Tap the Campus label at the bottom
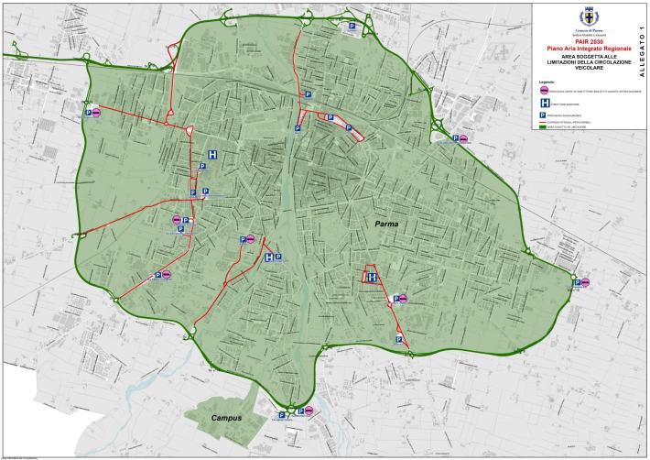coord(223,418)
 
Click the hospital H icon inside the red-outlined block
coord(373,277)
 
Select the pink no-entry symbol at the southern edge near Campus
coord(309,411)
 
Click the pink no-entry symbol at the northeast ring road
coord(463,139)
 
